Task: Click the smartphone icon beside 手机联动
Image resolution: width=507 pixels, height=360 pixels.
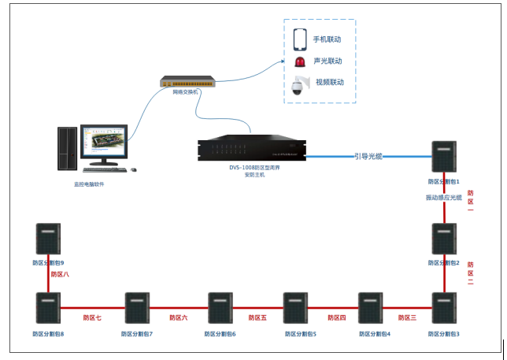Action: pyautogui.click(x=300, y=39)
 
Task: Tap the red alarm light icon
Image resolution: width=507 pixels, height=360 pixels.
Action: pyautogui.click(x=299, y=61)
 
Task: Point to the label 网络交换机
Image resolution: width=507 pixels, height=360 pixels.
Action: pyautogui.click(x=186, y=92)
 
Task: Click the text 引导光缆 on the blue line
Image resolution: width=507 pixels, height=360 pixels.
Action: pyautogui.click(x=368, y=157)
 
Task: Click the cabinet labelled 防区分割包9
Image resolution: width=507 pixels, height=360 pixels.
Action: pyautogui.click(x=48, y=239)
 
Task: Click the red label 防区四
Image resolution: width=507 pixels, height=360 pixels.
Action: pyautogui.click(x=337, y=317)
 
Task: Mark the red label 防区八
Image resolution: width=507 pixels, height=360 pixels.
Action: pyautogui.click(x=60, y=275)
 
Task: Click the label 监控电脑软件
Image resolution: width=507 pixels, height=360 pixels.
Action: pyautogui.click(x=89, y=184)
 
